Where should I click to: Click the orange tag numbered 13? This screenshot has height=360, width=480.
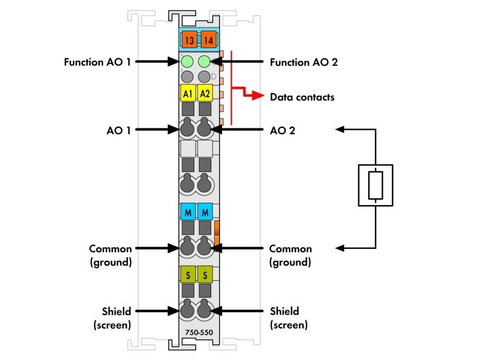[189, 40]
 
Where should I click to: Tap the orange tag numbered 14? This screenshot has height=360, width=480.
[209, 40]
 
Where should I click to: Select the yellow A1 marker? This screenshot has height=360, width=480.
[188, 93]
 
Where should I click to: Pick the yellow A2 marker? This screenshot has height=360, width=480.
[205, 93]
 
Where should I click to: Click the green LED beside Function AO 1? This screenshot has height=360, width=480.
[187, 62]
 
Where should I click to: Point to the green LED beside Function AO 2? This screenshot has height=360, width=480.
[204, 62]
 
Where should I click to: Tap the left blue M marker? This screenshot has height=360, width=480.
[188, 212]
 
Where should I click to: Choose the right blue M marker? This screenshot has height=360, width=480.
[205, 212]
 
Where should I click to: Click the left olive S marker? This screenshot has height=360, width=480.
[188, 274]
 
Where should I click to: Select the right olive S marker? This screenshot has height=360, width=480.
[205, 274]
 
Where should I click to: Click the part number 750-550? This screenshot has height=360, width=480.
[199, 332]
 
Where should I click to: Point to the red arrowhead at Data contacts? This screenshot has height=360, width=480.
[258, 96]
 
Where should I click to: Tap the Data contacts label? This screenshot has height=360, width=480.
[302, 97]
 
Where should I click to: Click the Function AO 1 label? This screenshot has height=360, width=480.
[97, 62]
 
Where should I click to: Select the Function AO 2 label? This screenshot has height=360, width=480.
[304, 62]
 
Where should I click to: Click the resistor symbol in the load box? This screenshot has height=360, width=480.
[376, 185]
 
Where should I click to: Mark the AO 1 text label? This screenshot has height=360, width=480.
[118, 131]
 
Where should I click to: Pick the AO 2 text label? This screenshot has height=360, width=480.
[283, 131]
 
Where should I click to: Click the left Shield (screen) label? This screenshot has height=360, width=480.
[112, 318]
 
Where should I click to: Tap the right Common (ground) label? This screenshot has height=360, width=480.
[290, 256]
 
